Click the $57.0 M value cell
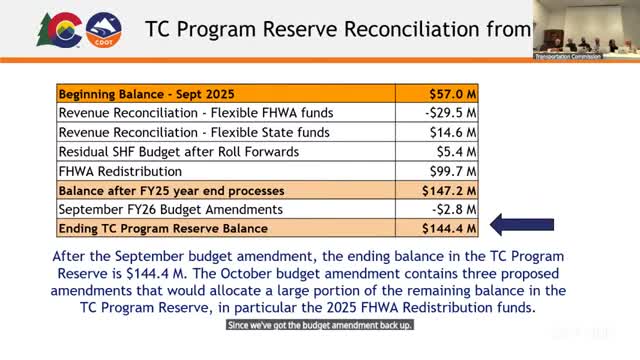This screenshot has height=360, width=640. pyautogui.click(x=449, y=94)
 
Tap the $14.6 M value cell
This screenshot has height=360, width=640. pyautogui.click(x=449, y=132)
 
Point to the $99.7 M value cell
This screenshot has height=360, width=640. pyautogui.click(x=449, y=171)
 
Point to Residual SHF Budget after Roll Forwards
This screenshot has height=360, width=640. pyautogui.click(x=165, y=152)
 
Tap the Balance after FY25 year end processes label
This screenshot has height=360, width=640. pyautogui.click(x=171, y=190)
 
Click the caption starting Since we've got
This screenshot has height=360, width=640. pyautogui.click(x=319, y=326)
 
